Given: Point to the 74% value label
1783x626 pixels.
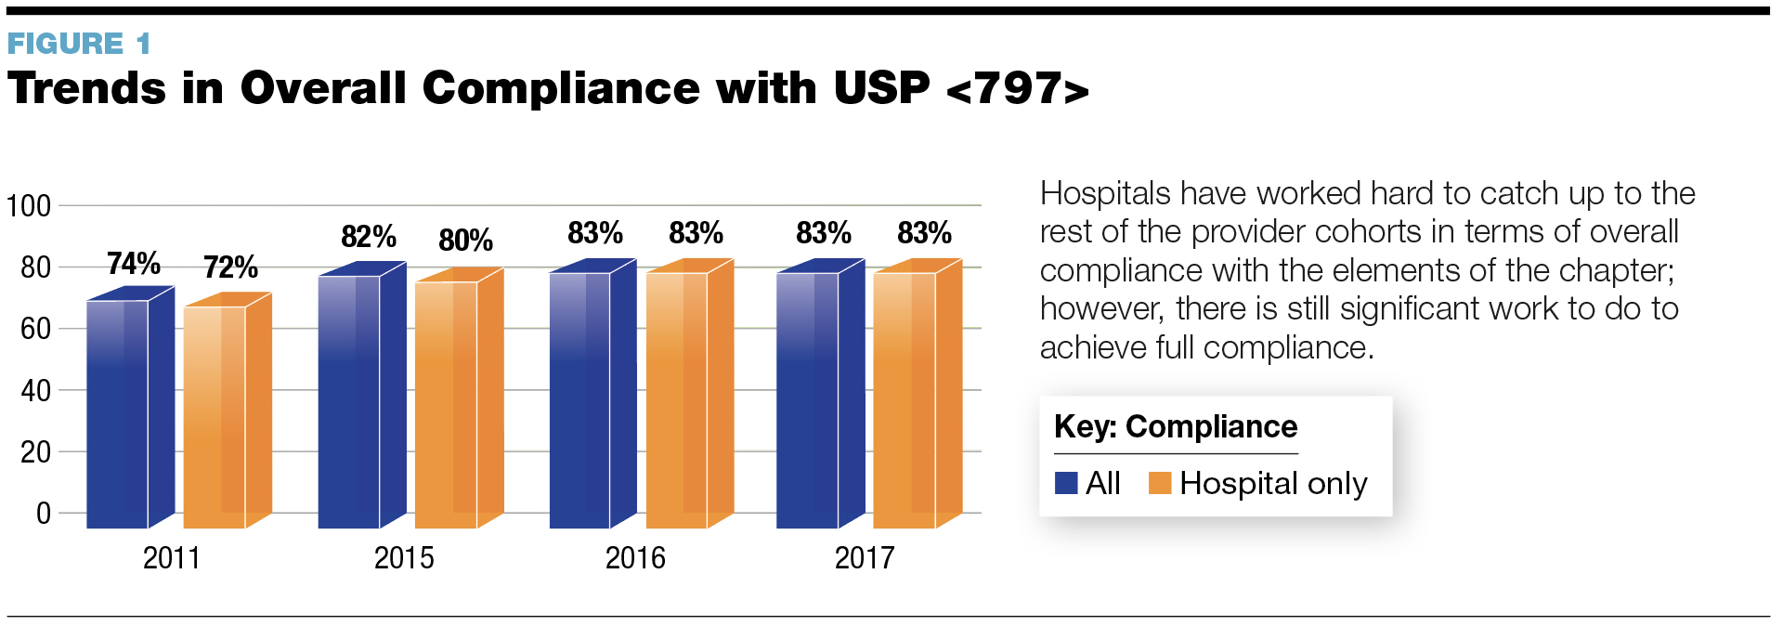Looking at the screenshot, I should pyautogui.click(x=134, y=264).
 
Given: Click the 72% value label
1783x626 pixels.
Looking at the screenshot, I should pyautogui.click(x=230, y=267).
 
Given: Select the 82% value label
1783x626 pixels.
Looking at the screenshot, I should pyautogui.click(x=369, y=237).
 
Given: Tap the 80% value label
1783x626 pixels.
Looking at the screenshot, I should pyautogui.click(x=465, y=241).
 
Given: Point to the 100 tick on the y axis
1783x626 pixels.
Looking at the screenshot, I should pyautogui.click(x=29, y=205).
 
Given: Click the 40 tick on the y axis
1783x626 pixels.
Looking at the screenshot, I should pyautogui.click(x=35, y=390).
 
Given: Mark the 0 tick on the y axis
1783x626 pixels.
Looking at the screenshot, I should pyautogui.click(x=43, y=513).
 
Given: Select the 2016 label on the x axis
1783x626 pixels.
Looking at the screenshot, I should pyautogui.click(x=635, y=558).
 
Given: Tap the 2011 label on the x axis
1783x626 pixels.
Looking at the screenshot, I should pyautogui.click(x=172, y=558).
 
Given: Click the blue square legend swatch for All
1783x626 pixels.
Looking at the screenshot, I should pyautogui.click(x=1066, y=483).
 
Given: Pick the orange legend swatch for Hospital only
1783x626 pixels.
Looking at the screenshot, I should pyautogui.click(x=1160, y=483).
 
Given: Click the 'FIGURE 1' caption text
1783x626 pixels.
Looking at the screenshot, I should pyautogui.click(x=79, y=44).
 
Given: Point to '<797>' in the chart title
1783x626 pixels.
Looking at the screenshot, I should pyautogui.click(x=1017, y=89).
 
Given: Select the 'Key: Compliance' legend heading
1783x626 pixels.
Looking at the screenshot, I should pyautogui.click(x=1176, y=426).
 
